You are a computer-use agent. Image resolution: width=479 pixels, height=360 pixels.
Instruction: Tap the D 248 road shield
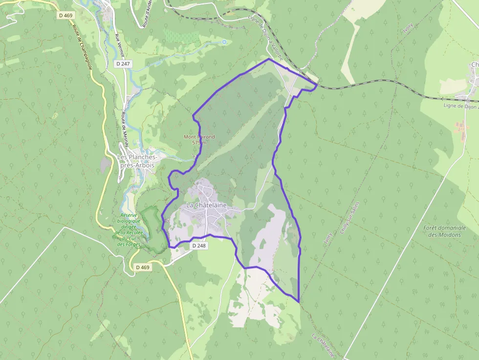pyautogui.click(x=199, y=246)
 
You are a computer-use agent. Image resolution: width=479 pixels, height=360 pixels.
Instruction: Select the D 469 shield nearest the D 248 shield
pyautogui.click(x=142, y=267)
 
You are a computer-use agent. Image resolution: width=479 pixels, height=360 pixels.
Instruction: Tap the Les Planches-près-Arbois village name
pyautogui.click(x=137, y=161)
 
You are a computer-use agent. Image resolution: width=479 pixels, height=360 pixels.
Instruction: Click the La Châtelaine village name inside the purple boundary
pyautogui.click(x=206, y=205)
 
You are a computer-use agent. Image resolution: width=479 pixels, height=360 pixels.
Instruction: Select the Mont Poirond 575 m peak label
pyautogui.click(x=199, y=140)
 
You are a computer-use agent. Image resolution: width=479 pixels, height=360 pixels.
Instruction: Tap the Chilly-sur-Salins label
pyautogui.click(x=349, y=218)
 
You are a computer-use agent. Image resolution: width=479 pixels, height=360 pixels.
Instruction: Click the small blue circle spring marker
pyautogui.click(x=224, y=42)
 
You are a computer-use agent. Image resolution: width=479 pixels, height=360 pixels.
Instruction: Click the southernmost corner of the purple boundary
pyautogui.click(x=298, y=302)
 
